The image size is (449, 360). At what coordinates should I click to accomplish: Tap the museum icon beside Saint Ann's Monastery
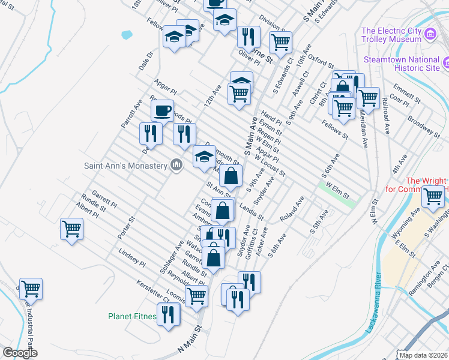[176, 164]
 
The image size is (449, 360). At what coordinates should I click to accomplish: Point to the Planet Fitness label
[132, 316]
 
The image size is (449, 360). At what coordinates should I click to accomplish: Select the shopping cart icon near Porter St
[71, 228]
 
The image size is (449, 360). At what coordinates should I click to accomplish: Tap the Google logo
[20, 353]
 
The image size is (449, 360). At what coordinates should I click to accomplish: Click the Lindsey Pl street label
[132, 258]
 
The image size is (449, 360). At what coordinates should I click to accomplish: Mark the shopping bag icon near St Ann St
[231, 176]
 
